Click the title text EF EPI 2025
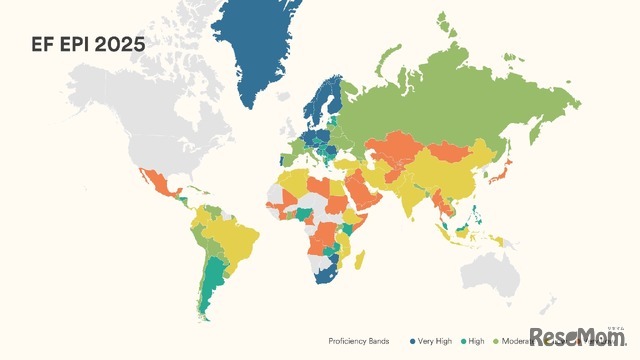tap(87, 44)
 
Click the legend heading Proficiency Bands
tap(360, 340)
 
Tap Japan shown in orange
tap(507, 163)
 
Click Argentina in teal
tap(209, 290)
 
